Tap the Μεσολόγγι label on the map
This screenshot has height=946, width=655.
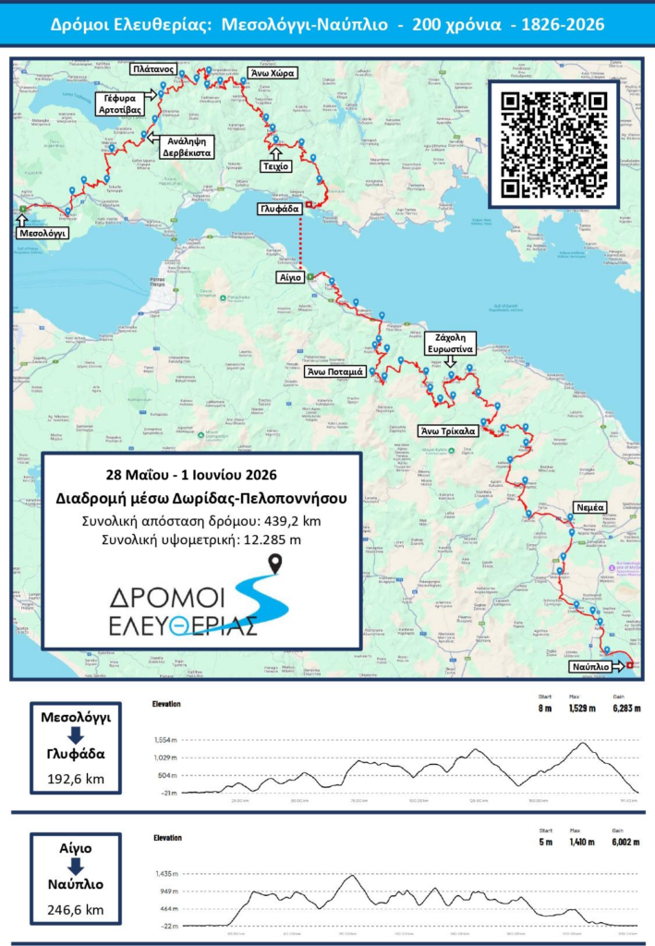click(42, 234)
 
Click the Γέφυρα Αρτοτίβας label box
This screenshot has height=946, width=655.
click(120, 103)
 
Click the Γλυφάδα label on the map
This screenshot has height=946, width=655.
click(278, 210)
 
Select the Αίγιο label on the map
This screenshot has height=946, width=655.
click(284, 276)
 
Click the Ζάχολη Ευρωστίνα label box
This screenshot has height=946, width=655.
click(450, 344)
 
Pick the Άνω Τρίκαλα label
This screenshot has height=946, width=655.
click(448, 431)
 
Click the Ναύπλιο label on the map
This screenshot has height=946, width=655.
click(588, 665)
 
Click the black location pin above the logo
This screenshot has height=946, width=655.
click(275, 563)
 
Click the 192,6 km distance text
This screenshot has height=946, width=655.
click(76, 779)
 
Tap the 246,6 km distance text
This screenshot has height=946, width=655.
click(76, 910)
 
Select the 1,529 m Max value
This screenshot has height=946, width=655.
click(575, 709)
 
